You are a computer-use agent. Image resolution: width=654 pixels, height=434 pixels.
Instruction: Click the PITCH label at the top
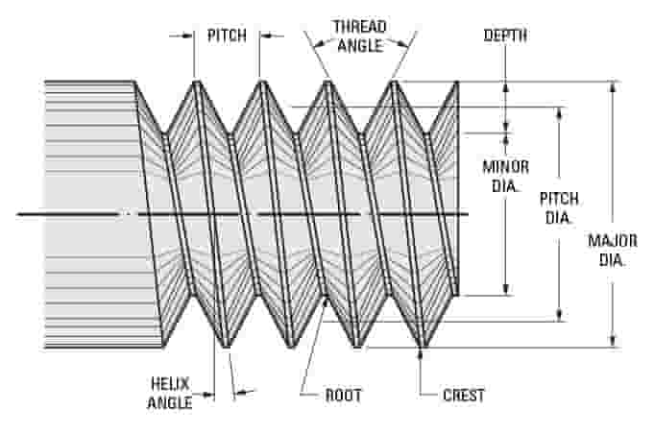click(227, 36)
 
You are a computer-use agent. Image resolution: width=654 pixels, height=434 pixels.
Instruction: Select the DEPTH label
click(505, 36)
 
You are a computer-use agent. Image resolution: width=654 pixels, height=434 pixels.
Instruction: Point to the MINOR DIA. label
click(505, 175)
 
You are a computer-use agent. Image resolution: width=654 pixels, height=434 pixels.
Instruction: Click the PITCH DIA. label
click(559, 207)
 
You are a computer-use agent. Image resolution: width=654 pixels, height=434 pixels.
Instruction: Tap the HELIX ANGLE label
click(169, 393)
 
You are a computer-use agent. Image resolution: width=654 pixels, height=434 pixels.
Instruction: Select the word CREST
click(464, 395)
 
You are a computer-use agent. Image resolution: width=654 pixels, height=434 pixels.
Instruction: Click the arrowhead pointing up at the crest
click(423, 352)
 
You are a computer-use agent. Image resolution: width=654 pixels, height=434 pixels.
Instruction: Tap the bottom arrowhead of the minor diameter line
click(506, 291)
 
